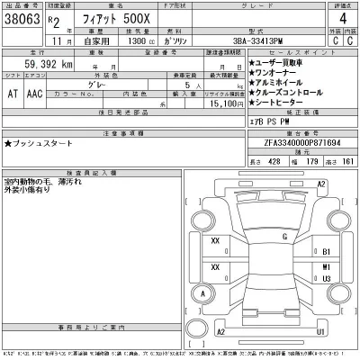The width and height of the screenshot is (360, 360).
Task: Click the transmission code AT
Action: click(x=12, y=93)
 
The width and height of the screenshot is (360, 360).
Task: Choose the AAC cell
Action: click(x=33, y=93)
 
